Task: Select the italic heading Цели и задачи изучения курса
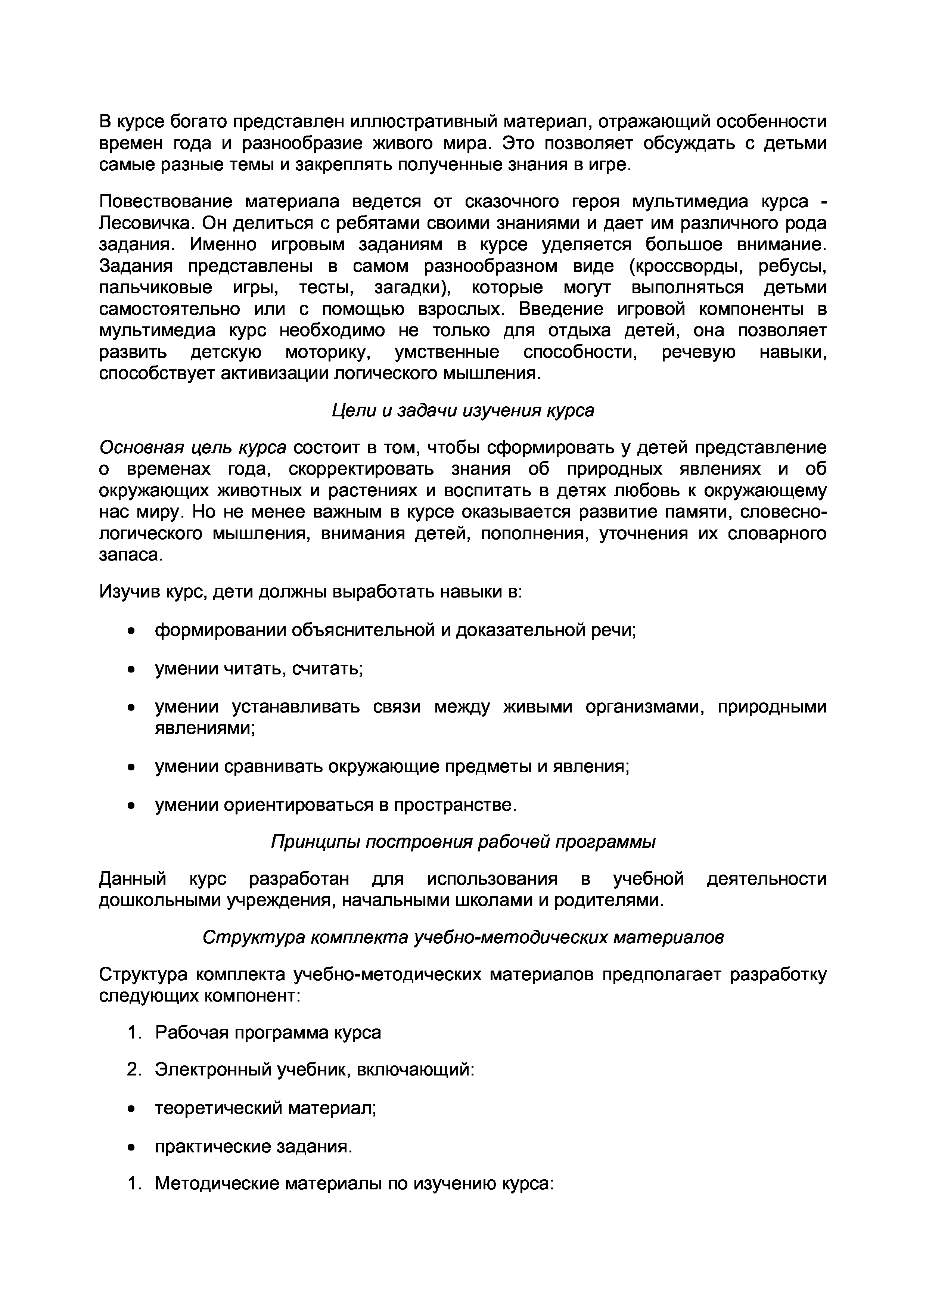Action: (463, 410)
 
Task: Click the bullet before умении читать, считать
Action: (132, 669)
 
